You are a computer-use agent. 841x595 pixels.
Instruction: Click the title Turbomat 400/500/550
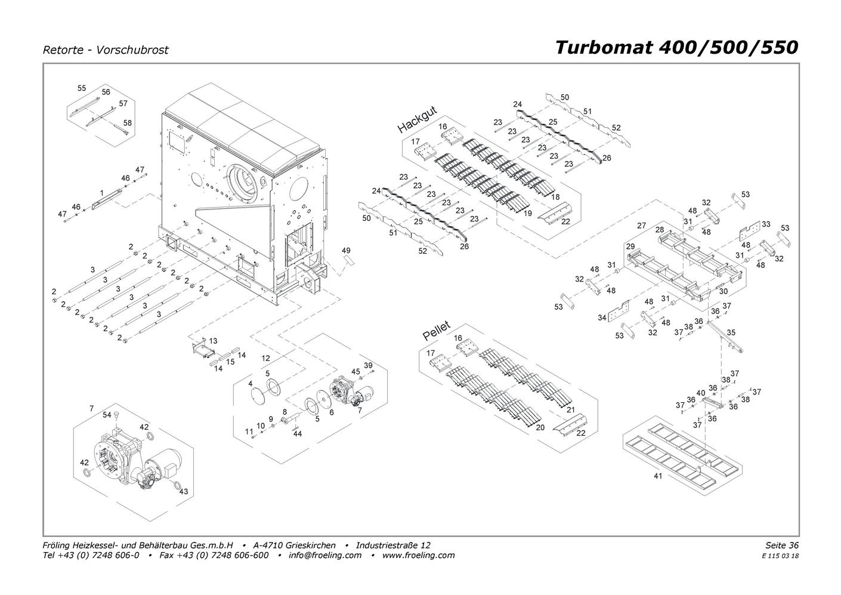(676, 47)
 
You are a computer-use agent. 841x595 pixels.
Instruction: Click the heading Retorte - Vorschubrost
(106, 50)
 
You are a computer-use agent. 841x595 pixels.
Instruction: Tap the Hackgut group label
(418, 120)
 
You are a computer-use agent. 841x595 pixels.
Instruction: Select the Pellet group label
(437, 331)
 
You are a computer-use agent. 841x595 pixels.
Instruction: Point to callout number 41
(658, 477)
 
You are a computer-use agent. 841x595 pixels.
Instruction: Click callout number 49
(346, 251)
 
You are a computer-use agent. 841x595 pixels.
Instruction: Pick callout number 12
(266, 358)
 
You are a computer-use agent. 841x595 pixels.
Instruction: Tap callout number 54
(107, 415)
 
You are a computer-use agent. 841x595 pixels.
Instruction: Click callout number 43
(184, 491)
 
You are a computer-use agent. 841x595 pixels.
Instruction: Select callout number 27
(641, 226)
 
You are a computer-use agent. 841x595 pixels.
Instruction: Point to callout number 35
(731, 332)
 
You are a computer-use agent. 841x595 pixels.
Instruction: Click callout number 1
(102, 193)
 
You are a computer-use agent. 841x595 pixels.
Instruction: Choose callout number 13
(213, 341)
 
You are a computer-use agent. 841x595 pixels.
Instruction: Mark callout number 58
(127, 123)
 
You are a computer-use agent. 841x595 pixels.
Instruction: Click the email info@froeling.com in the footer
(324, 555)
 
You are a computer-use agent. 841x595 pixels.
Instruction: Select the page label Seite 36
(781, 545)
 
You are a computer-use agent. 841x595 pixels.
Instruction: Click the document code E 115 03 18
(780, 556)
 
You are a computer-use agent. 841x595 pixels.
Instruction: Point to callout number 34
(602, 318)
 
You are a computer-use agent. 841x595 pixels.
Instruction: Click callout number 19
(527, 213)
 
